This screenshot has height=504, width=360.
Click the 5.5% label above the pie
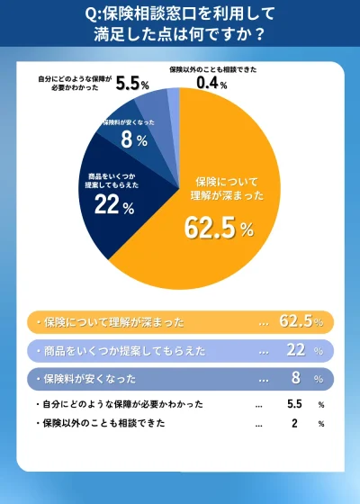[131, 84]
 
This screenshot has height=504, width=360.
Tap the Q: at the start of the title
[94, 14]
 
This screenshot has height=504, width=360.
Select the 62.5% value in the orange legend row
[299, 321]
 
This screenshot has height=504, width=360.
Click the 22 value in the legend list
[294, 350]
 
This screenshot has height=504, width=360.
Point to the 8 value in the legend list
[294, 379]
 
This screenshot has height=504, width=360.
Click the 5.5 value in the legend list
[293, 405]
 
